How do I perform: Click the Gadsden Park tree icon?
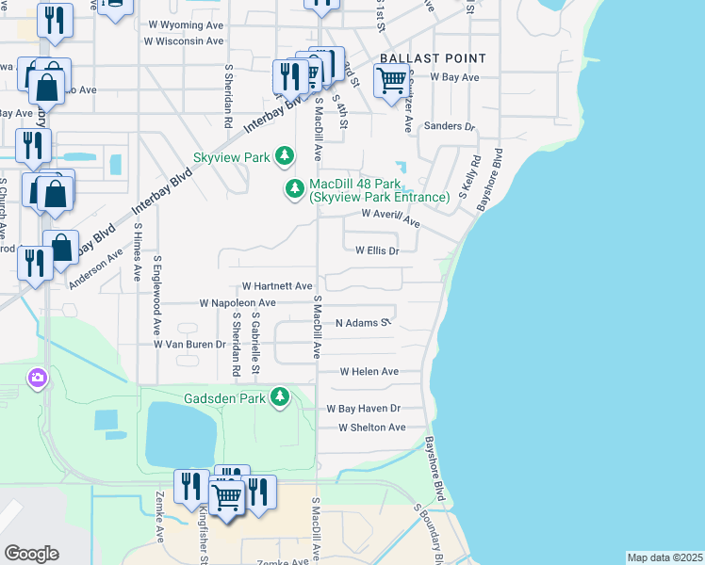(x=279, y=398)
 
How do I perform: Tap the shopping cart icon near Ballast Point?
(x=390, y=82)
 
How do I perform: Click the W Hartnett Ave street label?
(x=277, y=285)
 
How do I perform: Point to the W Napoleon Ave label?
(x=238, y=303)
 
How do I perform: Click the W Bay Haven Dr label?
(x=364, y=409)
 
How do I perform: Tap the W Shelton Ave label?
(x=372, y=428)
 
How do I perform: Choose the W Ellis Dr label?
(x=378, y=250)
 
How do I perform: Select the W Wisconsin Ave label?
(x=186, y=40)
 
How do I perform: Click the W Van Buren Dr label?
(x=189, y=345)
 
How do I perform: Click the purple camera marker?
(x=37, y=379)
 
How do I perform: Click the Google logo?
(x=31, y=554)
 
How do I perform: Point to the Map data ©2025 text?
(x=664, y=557)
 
